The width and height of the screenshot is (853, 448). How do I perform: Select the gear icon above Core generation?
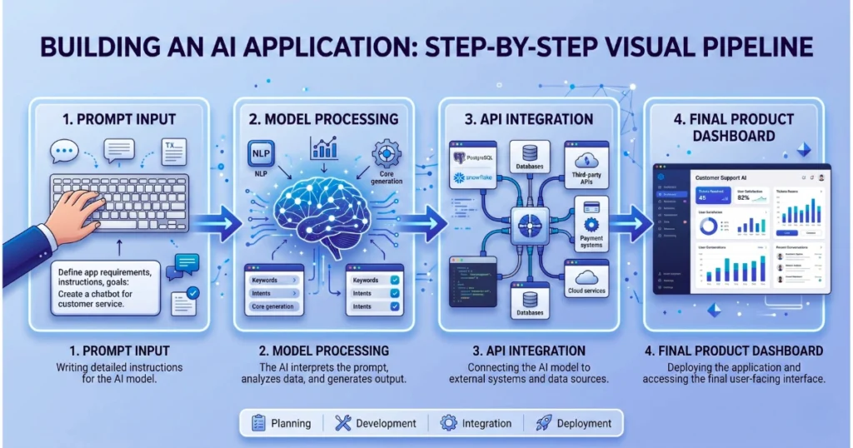pos(387,154)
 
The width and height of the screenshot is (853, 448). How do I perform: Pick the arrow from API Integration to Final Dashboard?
pos(635,223)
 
